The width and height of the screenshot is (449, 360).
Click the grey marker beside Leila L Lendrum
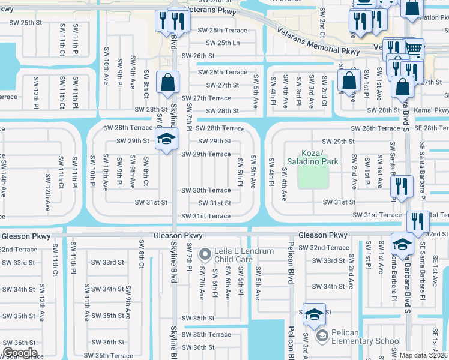[205, 255]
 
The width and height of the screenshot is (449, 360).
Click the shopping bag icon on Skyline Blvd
[168, 81]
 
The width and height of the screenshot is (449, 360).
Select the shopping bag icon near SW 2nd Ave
[349, 80]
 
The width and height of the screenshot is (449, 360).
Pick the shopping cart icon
[412, 47]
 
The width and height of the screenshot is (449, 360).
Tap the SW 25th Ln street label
[223, 43]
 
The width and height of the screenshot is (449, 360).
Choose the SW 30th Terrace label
[206, 190]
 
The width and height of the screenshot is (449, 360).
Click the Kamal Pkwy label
[432, 110]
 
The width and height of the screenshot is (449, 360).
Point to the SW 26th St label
[197, 56]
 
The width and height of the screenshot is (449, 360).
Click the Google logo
[20, 353]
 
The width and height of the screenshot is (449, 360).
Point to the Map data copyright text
[424, 355]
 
